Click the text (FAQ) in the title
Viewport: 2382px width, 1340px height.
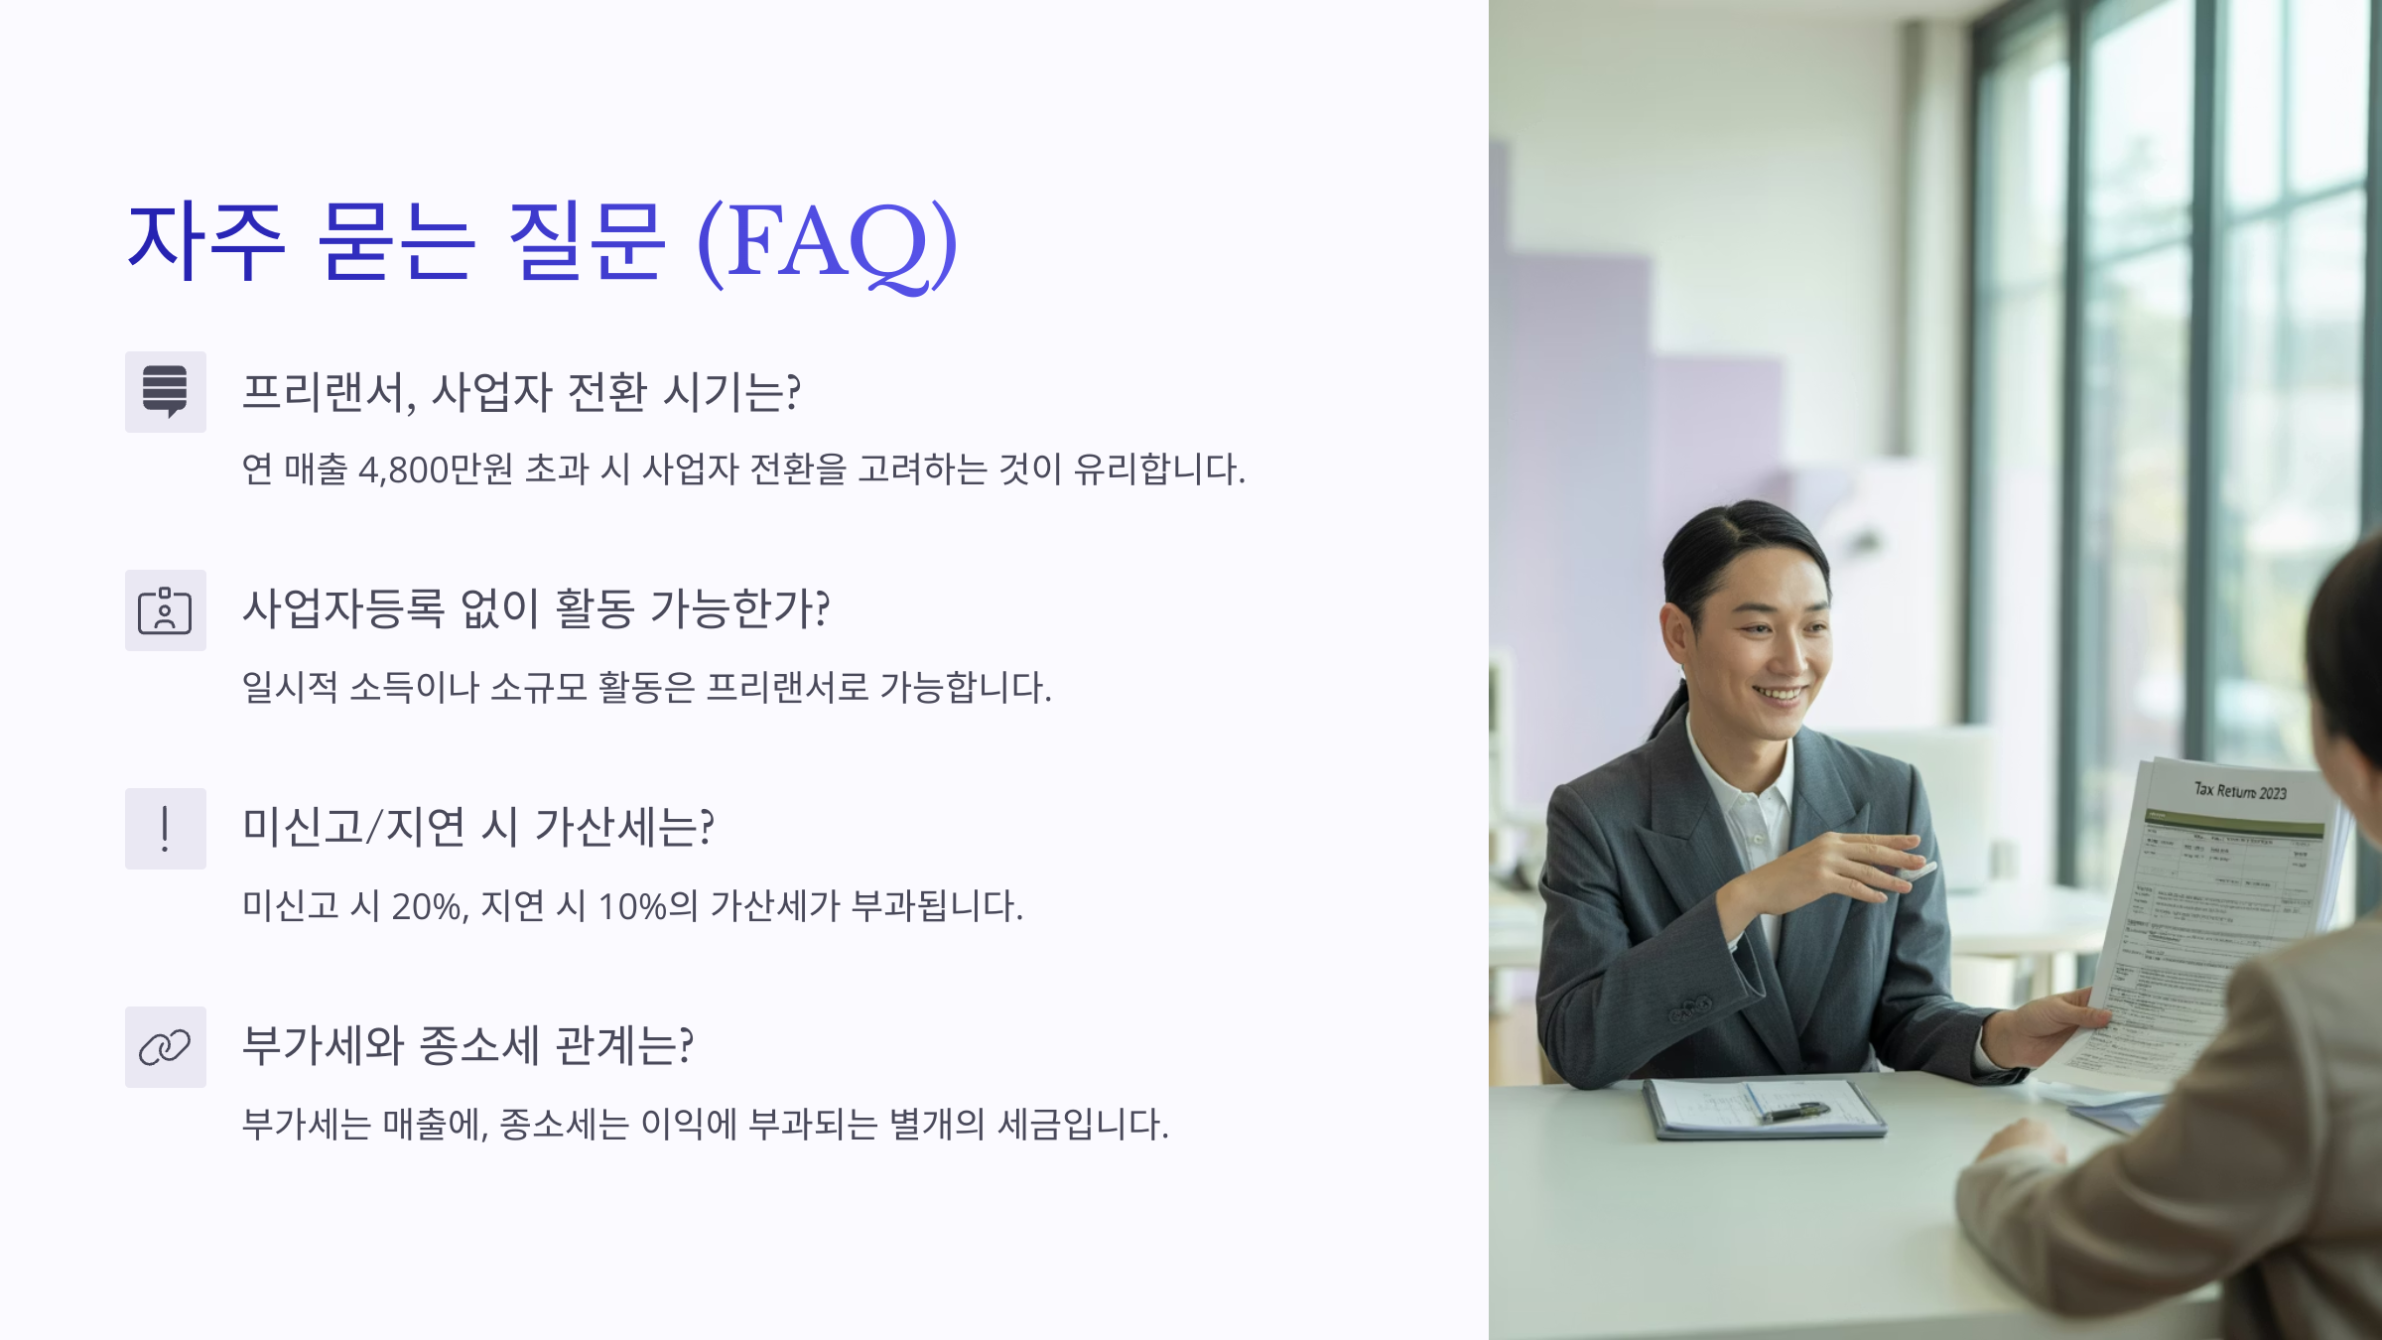[827, 243]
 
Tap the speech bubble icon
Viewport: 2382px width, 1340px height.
[165, 392]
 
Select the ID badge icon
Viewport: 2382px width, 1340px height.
[165, 610]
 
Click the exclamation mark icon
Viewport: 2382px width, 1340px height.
[165, 829]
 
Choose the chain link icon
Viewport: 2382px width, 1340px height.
[165, 1047]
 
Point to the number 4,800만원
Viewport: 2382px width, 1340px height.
[435, 469]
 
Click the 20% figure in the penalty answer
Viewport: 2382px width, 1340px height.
[430, 906]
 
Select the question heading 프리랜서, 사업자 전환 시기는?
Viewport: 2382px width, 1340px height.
[521, 392]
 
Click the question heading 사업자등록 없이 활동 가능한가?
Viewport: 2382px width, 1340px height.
[536, 609]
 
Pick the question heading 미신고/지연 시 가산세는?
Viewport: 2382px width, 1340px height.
[478, 828]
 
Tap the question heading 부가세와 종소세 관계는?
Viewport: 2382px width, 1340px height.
[467, 1046]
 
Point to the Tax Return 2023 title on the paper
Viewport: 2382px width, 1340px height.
[2240, 791]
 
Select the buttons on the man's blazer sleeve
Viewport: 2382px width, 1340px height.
[1689, 1009]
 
